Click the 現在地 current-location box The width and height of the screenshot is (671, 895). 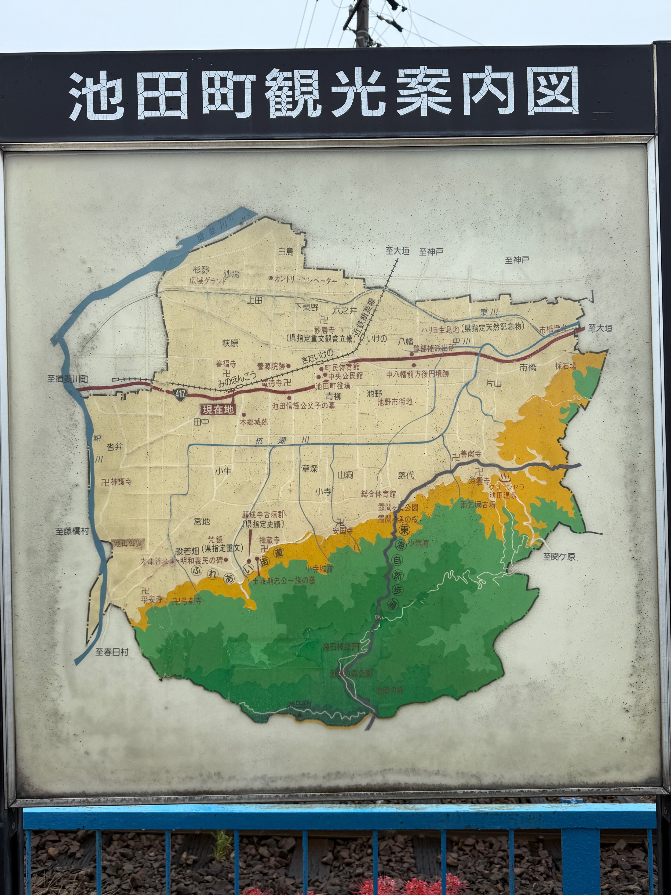218,410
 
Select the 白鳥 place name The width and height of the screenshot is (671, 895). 286,251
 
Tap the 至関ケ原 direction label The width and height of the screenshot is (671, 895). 559,557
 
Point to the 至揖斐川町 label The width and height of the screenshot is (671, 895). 68,379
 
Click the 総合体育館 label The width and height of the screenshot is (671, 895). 378,494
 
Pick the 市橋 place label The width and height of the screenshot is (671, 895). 528,367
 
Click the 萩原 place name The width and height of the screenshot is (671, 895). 230,343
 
